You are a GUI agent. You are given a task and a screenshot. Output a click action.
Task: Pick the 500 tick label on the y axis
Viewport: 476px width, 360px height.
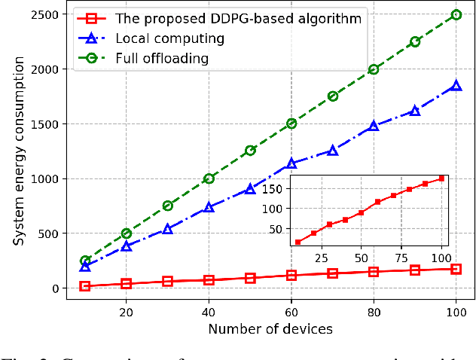point(52,233)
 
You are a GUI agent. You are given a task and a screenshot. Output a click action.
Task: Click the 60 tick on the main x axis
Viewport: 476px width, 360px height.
point(291,310)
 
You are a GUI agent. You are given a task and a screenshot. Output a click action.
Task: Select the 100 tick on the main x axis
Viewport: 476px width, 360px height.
point(456,310)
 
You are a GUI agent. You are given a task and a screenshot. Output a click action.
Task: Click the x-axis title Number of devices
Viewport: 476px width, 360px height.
point(270,328)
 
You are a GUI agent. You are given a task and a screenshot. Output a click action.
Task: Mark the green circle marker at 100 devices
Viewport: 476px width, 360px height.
point(456,14)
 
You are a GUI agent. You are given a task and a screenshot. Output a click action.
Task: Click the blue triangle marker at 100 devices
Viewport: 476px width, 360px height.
point(456,86)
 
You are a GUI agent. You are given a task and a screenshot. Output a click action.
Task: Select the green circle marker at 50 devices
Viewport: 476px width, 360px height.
point(250,151)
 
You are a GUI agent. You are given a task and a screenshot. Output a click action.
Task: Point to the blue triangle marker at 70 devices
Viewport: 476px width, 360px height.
point(333,151)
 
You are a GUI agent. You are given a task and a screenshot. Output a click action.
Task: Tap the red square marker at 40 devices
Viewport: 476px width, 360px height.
point(209,280)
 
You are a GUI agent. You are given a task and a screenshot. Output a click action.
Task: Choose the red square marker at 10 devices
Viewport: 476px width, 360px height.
point(85,286)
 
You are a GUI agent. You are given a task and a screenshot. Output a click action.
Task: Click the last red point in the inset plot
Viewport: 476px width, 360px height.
point(441,178)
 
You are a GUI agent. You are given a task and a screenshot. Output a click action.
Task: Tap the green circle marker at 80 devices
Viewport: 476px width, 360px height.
point(374,69)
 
